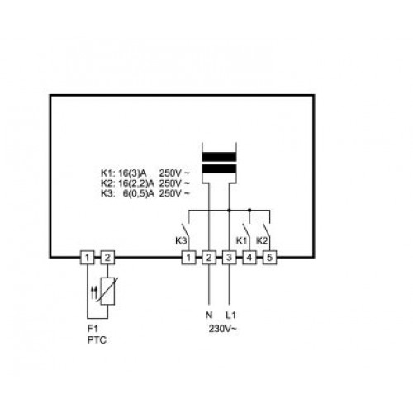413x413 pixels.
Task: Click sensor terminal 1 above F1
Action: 87,258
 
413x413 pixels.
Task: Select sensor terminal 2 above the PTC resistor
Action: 107,258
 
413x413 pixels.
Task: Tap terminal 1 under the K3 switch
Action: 188,258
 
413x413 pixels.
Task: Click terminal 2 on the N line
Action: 209,258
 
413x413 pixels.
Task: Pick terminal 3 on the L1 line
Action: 229,258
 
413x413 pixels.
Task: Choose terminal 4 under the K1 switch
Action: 249,258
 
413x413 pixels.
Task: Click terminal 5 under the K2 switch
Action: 270,258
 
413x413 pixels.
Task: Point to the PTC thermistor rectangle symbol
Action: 107,292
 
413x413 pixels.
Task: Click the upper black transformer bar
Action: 219,157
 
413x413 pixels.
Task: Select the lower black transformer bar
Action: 219,169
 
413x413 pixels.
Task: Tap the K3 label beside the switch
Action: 181,241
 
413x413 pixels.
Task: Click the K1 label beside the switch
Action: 242,241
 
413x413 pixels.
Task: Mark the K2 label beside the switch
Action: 262,241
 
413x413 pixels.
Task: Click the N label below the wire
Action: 209,315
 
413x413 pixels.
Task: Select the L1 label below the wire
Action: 230,315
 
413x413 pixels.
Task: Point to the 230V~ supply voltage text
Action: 223,329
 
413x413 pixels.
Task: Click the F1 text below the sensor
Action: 93,329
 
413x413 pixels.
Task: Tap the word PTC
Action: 97,340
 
